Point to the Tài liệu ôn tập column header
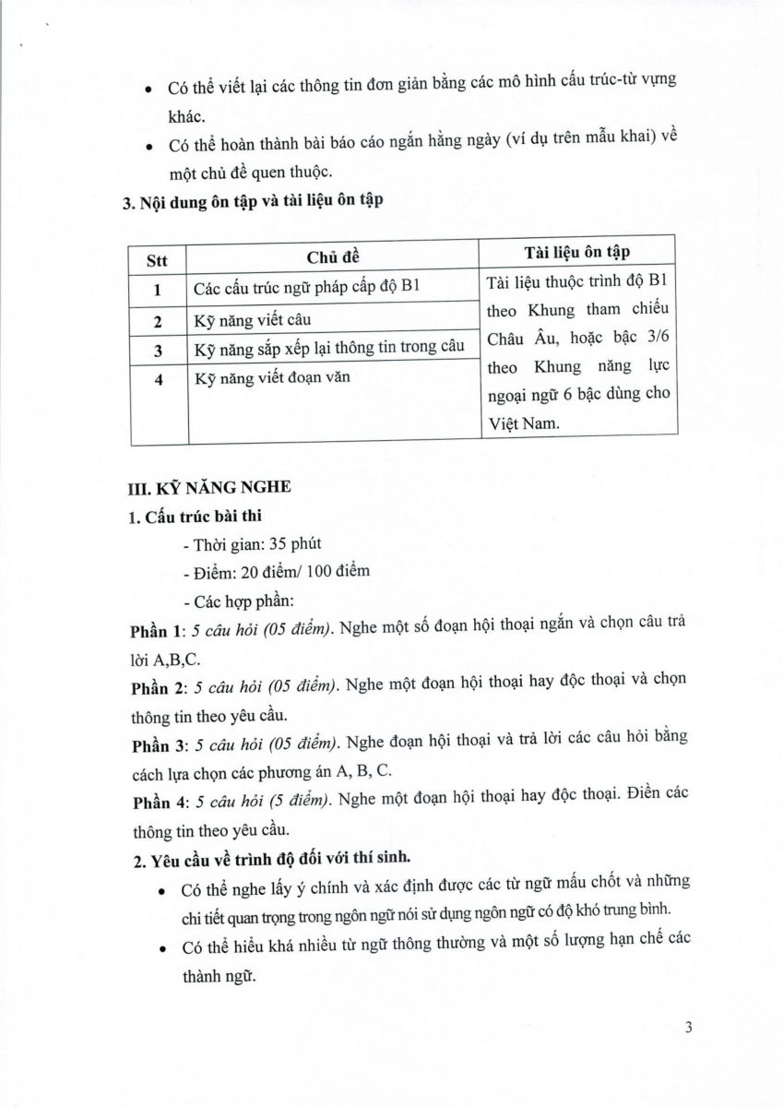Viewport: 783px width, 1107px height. [577, 252]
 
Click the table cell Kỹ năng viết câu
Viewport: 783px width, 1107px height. [252, 321]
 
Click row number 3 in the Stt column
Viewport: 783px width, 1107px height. [158, 351]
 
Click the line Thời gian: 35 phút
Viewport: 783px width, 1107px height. [253, 543]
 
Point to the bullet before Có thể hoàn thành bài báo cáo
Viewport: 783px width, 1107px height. [150, 146]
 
